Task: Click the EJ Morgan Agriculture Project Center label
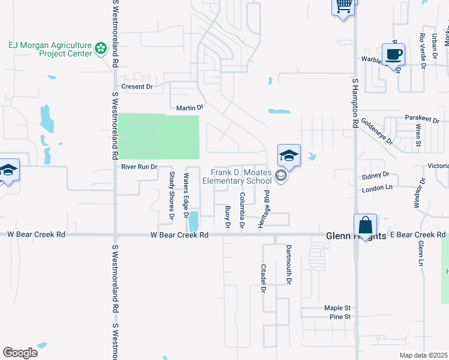click(49, 49)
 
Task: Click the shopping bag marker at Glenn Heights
click(365, 226)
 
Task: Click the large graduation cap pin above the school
click(289, 156)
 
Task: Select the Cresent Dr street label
click(137, 86)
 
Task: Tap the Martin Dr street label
click(190, 108)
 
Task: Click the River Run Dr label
click(139, 167)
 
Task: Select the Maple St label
click(337, 308)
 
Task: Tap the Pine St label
click(340, 317)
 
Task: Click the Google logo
click(20, 353)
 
